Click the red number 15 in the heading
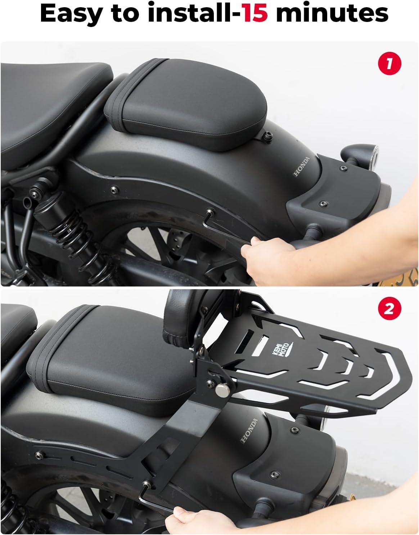coord(255,13)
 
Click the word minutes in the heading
coord(332,13)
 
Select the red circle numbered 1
coord(389,64)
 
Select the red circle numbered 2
coord(389,308)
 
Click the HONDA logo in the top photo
coord(301,166)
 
